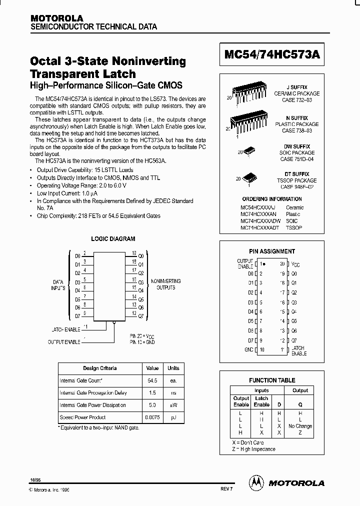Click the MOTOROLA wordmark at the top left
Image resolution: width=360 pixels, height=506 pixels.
57,18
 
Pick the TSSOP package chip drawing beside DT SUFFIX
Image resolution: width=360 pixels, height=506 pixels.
248,178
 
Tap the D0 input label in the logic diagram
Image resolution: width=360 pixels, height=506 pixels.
77,255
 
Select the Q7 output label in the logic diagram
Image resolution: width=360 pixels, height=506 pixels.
140,316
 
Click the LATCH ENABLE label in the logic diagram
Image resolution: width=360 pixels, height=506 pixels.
65,329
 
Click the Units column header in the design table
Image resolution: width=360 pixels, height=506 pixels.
173,368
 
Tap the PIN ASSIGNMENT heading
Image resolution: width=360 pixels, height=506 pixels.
272,251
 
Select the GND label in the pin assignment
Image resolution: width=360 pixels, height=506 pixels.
248,349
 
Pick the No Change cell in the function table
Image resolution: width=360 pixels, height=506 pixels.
300,426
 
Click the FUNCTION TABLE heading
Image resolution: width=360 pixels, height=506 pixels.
272,380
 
